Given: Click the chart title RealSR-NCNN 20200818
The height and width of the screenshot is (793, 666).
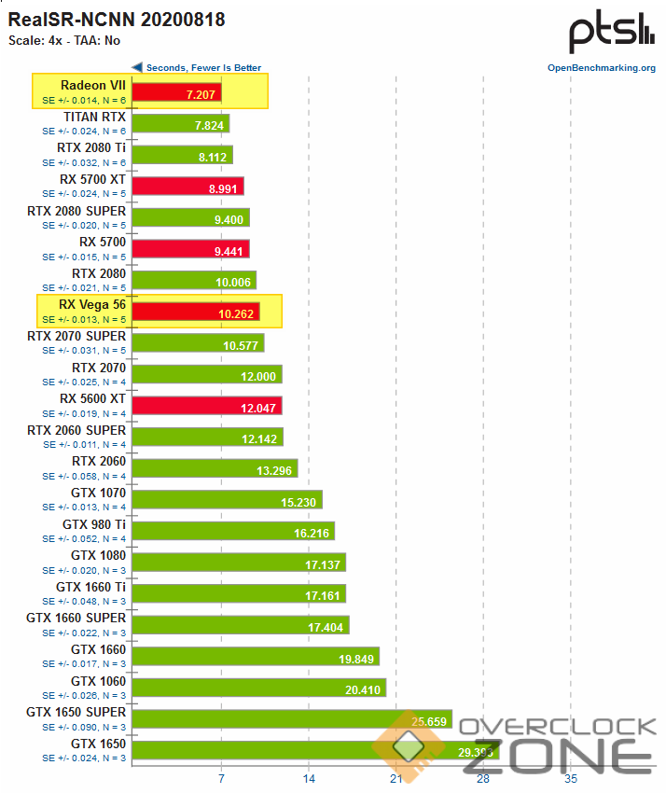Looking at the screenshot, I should point(117,19).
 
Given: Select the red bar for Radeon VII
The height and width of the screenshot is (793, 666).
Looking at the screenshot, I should point(176,91).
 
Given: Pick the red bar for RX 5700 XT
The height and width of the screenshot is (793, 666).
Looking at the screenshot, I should point(187,186).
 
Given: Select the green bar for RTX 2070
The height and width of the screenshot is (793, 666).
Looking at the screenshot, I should point(206,374).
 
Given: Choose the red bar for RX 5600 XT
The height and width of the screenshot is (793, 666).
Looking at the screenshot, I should point(206,406).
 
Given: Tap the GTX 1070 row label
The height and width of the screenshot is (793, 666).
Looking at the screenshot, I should point(98,494).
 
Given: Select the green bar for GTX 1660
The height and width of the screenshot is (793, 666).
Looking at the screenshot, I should point(255,656).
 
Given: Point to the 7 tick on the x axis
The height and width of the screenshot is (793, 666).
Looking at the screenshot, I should point(221,778).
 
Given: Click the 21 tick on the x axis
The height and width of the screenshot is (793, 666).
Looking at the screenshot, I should point(395,778).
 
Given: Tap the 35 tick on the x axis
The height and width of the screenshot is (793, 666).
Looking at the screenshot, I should point(570,778).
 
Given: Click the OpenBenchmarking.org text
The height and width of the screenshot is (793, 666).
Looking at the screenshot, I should point(602,67).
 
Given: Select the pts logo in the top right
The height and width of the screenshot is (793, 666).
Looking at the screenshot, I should point(612,34).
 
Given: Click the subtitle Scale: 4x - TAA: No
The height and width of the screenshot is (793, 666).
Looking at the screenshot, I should point(64,40).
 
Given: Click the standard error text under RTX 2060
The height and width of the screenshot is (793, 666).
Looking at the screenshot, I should point(84,476).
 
